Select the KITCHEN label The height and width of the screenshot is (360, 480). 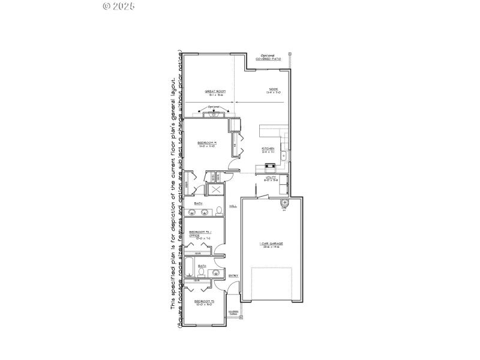coord(268,150)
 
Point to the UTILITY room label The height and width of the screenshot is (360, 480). coord(271,178)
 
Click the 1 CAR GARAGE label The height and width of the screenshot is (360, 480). coord(271,245)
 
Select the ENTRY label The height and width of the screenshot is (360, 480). coord(233,275)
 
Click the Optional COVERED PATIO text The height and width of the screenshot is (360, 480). coord(268,57)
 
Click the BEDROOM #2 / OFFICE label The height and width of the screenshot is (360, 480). coord(199,235)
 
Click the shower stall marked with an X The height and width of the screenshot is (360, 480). coord(215,190)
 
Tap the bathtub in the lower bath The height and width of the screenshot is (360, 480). coord(188,268)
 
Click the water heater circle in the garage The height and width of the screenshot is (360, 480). coord(284,204)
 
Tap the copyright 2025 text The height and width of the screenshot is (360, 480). coord(118,6)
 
